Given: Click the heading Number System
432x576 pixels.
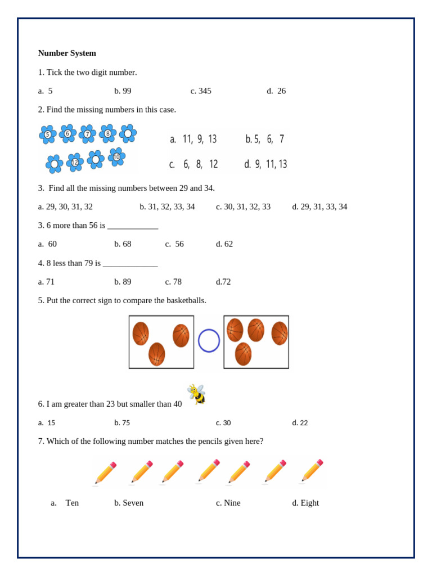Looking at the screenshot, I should pyautogui.click(x=67, y=53).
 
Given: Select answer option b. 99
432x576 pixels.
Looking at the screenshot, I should pyautogui.click(x=123, y=91).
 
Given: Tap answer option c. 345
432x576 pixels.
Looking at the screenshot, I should pyautogui.click(x=201, y=91).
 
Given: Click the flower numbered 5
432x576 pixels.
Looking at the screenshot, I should pyautogui.click(x=47, y=134).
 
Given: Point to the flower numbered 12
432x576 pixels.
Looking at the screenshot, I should pyautogui.click(x=75, y=163).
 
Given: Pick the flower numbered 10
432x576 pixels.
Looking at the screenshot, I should pyautogui.click(x=116, y=157).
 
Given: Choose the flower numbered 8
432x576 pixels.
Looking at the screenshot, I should pyautogui.click(x=107, y=133).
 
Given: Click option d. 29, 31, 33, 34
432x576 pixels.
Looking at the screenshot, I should pyautogui.click(x=319, y=207).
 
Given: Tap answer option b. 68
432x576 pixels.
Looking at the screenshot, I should pyautogui.click(x=123, y=244).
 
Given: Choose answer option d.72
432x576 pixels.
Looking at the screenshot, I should pyautogui.click(x=223, y=282).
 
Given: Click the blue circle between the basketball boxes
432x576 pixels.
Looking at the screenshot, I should pyautogui.click(x=209, y=341).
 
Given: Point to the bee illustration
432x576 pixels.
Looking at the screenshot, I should pyautogui.click(x=197, y=394).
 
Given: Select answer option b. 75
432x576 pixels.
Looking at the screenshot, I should pyautogui.click(x=122, y=423).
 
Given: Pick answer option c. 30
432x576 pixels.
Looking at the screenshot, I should pyautogui.click(x=223, y=423).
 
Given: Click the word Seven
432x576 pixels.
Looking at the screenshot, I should pyautogui.click(x=133, y=503).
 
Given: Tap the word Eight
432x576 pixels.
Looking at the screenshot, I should pyautogui.click(x=309, y=503).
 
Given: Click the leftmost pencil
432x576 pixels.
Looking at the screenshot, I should pyautogui.click(x=105, y=473).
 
